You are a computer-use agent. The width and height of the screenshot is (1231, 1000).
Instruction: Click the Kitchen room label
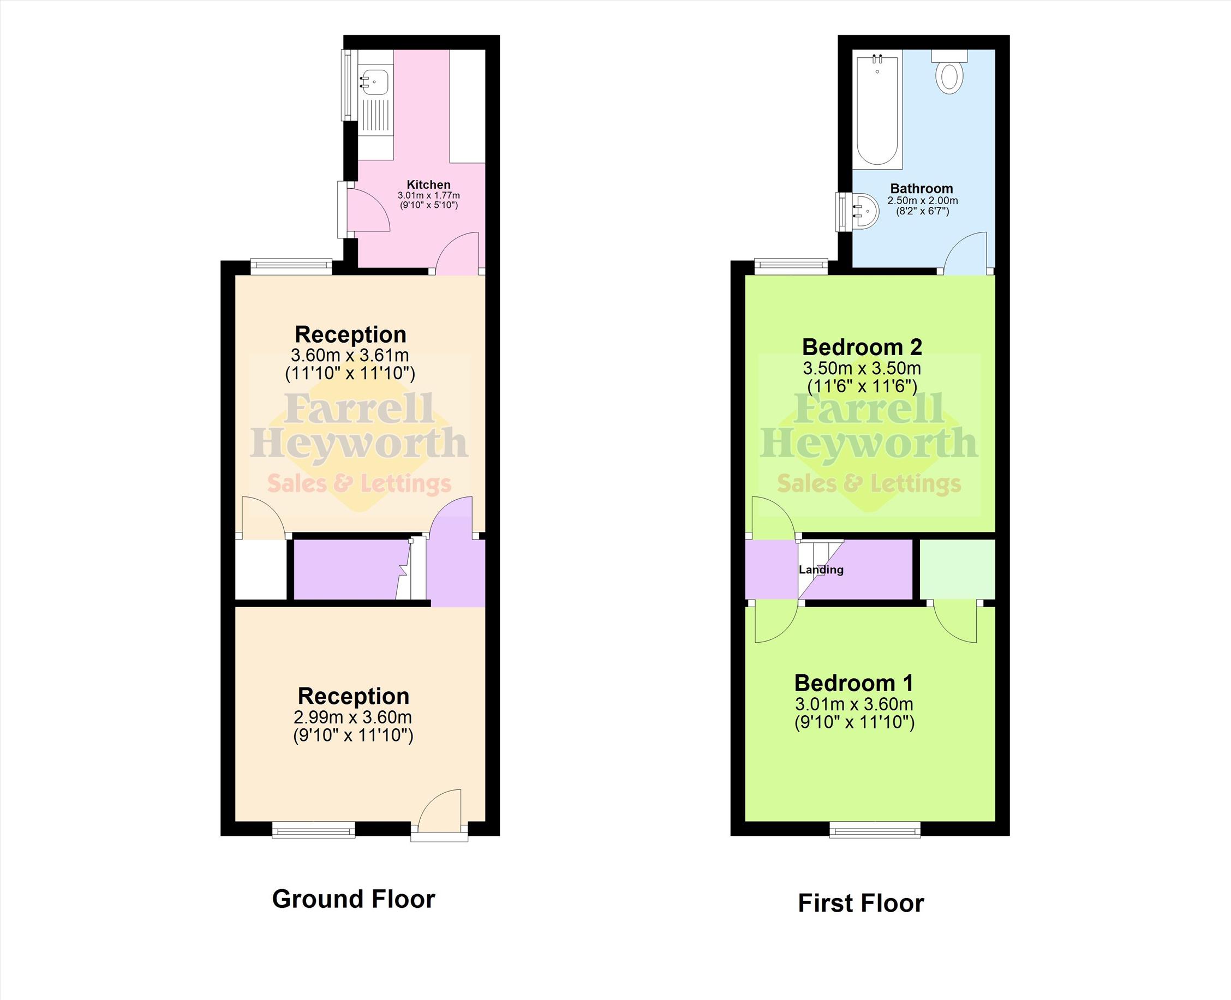pos(428,185)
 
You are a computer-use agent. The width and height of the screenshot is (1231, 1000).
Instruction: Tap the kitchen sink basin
pos(375,82)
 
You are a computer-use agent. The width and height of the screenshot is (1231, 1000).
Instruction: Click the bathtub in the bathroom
pos(877,110)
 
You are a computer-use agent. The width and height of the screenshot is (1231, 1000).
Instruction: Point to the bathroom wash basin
pos(865,212)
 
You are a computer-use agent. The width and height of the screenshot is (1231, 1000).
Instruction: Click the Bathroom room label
pos(922,188)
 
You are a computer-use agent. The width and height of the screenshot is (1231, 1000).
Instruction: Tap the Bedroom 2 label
pos(862,347)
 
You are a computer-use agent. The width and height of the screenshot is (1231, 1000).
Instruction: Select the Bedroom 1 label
pos(854,683)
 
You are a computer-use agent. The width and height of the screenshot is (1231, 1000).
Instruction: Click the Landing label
pos(821,570)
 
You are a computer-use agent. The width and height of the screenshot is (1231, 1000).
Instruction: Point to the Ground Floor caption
pos(353,899)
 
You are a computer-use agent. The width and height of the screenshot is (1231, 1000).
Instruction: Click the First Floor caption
pos(860,903)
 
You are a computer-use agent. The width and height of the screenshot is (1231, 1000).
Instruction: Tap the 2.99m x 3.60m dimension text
pos(352,717)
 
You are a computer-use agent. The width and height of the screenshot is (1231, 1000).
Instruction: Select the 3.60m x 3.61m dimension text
pos(350,355)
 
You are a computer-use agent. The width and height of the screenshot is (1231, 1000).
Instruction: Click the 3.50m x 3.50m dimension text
pos(862,368)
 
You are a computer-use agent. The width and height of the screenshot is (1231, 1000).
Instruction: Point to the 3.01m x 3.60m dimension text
pos(854,704)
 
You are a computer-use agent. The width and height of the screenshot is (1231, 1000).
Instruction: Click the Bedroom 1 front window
pos(875,829)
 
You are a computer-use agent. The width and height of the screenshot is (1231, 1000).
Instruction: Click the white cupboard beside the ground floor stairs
pos(261,570)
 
